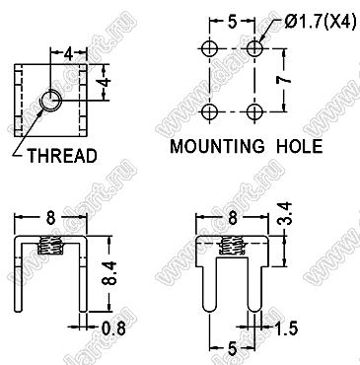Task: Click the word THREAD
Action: tap(62, 156)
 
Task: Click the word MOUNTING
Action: tap(217, 146)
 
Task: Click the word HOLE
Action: tap(300, 146)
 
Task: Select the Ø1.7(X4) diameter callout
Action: tap(321, 23)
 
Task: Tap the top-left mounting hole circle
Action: tap(209, 49)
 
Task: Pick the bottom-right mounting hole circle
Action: tap(254, 112)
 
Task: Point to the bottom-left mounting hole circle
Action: tap(209, 112)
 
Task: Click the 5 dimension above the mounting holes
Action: tap(232, 22)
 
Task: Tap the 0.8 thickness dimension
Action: tap(113, 328)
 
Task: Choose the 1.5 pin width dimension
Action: tap(286, 328)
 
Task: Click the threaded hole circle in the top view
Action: tap(50, 101)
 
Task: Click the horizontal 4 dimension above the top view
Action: tap(68, 53)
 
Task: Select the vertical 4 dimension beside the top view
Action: tap(106, 82)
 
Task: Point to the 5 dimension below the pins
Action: tap(232, 349)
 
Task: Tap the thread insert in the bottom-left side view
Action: tap(50, 246)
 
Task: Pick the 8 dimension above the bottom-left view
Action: tap(50, 218)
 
